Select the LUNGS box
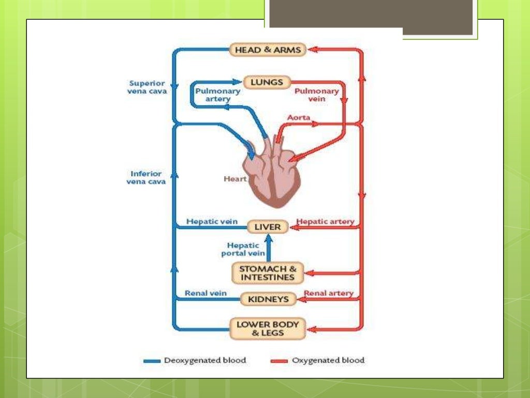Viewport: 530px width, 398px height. point(267,82)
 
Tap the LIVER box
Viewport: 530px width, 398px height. point(267,227)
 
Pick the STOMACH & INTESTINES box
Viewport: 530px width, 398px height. point(267,273)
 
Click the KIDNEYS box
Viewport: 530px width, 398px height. point(268,299)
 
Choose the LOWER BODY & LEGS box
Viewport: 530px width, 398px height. point(268,329)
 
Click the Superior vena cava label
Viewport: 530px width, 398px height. point(148,87)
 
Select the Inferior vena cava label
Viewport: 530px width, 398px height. point(146,178)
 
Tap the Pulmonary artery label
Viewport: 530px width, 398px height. point(218,95)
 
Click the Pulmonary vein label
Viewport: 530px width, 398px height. point(316,95)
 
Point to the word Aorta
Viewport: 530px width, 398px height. point(299,118)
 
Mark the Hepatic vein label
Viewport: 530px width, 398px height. point(212,221)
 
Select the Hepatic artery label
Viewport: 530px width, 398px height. point(325,221)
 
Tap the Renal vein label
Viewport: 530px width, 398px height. point(206,293)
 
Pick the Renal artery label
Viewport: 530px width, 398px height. point(329,293)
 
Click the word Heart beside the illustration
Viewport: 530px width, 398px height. point(235,179)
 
